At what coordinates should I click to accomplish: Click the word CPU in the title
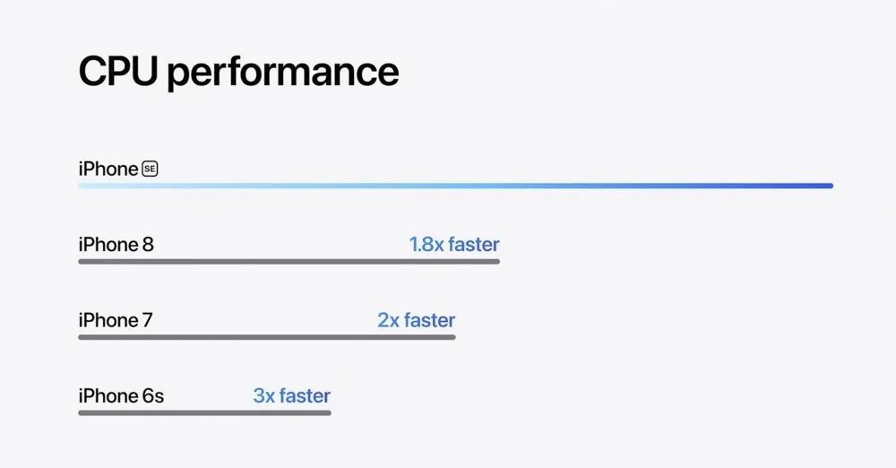pyautogui.click(x=117, y=71)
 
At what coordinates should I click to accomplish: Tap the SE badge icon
pyautogui.click(x=150, y=169)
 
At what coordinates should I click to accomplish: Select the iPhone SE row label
pyautogui.click(x=118, y=169)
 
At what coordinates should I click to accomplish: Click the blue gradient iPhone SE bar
pyautogui.click(x=456, y=186)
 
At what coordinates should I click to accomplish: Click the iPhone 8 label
pyautogui.click(x=116, y=244)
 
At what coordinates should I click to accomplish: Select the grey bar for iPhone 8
pyautogui.click(x=289, y=262)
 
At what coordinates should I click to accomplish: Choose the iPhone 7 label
pyautogui.click(x=116, y=320)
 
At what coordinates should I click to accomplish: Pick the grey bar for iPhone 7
pyautogui.click(x=267, y=337)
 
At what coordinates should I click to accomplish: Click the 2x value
pyautogui.click(x=388, y=320)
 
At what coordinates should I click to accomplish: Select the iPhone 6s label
pyautogui.click(x=121, y=395)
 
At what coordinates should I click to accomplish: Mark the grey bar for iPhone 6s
pyautogui.click(x=204, y=412)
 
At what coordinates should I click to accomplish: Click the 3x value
pyautogui.click(x=263, y=395)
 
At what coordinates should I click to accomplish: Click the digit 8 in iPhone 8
pyautogui.click(x=148, y=245)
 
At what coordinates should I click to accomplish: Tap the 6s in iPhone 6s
pyautogui.click(x=152, y=396)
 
